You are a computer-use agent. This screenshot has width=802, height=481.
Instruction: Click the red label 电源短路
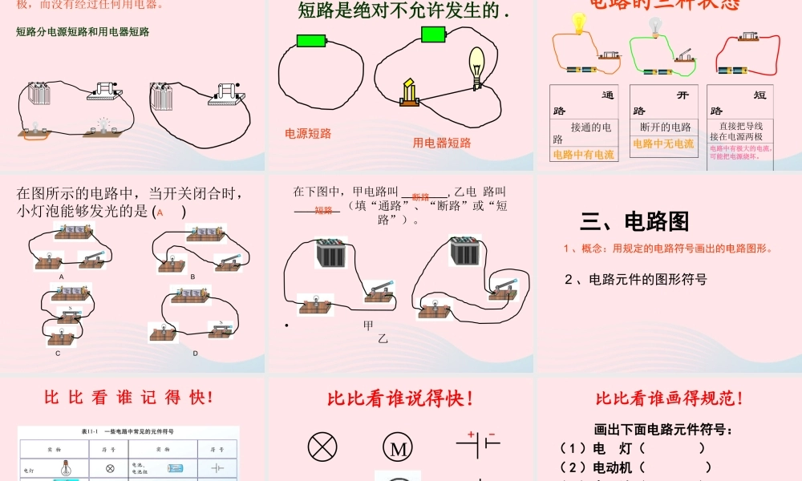(308, 134)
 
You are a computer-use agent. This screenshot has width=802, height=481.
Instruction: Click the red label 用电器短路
(442, 143)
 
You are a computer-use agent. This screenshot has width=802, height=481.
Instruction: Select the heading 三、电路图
(634, 221)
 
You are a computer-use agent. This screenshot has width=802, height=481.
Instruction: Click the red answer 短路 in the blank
(323, 211)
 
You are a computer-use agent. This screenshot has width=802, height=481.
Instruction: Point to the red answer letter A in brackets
(160, 212)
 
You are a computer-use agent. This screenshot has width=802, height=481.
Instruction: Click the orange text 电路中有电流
(583, 155)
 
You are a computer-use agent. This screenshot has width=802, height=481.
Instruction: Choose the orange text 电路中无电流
(663, 144)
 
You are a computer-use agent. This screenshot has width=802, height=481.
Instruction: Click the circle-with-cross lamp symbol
(322, 448)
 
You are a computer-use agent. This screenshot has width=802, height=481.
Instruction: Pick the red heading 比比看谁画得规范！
(669, 398)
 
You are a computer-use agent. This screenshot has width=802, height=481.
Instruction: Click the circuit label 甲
(369, 325)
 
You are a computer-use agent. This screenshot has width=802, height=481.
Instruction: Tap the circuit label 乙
(383, 339)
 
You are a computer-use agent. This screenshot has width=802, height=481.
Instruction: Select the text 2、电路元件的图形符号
(635, 280)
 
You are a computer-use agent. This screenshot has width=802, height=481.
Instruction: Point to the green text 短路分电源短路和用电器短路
(83, 33)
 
